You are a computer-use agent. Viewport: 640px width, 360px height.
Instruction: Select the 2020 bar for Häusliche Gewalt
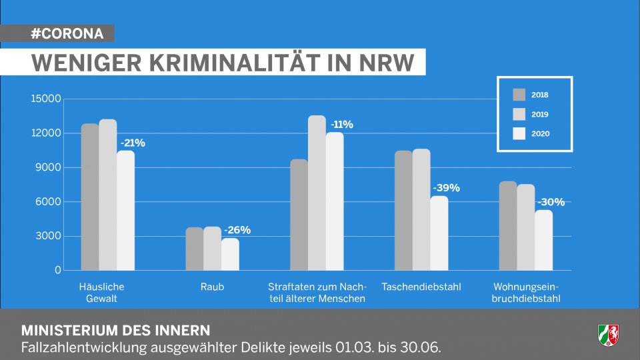click(x=125, y=210)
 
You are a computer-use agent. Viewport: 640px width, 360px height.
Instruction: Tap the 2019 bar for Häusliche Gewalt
click(x=108, y=195)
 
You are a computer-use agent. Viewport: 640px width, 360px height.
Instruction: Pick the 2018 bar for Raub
click(x=194, y=249)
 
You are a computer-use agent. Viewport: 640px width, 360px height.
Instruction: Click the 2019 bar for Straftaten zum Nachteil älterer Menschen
click(x=317, y=193)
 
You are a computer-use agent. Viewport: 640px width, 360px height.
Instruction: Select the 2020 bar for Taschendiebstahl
click(x=439, y=233)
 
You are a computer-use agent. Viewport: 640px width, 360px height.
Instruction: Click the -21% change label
click(x=133, y=143)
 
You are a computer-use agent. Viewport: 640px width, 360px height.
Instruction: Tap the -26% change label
click(x=237, y=230)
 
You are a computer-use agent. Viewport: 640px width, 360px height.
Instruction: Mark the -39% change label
click(x=446, y=188)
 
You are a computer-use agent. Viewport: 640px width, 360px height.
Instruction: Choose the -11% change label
click(x=341, y=125)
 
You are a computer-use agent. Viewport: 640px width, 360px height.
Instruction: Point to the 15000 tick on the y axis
click(x=47, y=99)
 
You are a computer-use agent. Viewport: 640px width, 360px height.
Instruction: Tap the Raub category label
click(x=212, y=287)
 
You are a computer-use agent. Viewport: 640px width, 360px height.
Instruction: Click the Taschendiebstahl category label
click(x=421, y=287)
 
